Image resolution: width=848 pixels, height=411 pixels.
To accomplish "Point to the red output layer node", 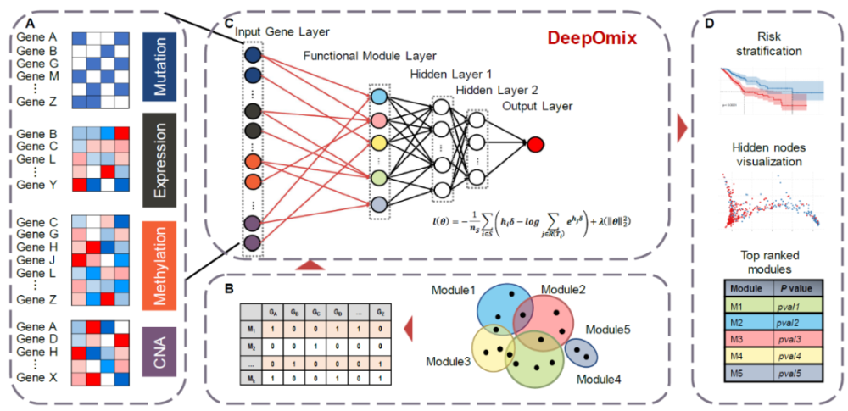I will click(x=535, y=144).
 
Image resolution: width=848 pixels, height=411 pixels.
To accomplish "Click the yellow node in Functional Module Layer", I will click(x=379, y=142).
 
